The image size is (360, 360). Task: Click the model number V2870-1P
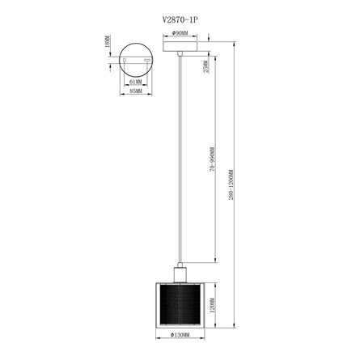[179, 12]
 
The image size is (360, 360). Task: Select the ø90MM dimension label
[180, 34]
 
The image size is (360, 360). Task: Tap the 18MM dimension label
[108, 51]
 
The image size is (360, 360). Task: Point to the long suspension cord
[180, 162]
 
